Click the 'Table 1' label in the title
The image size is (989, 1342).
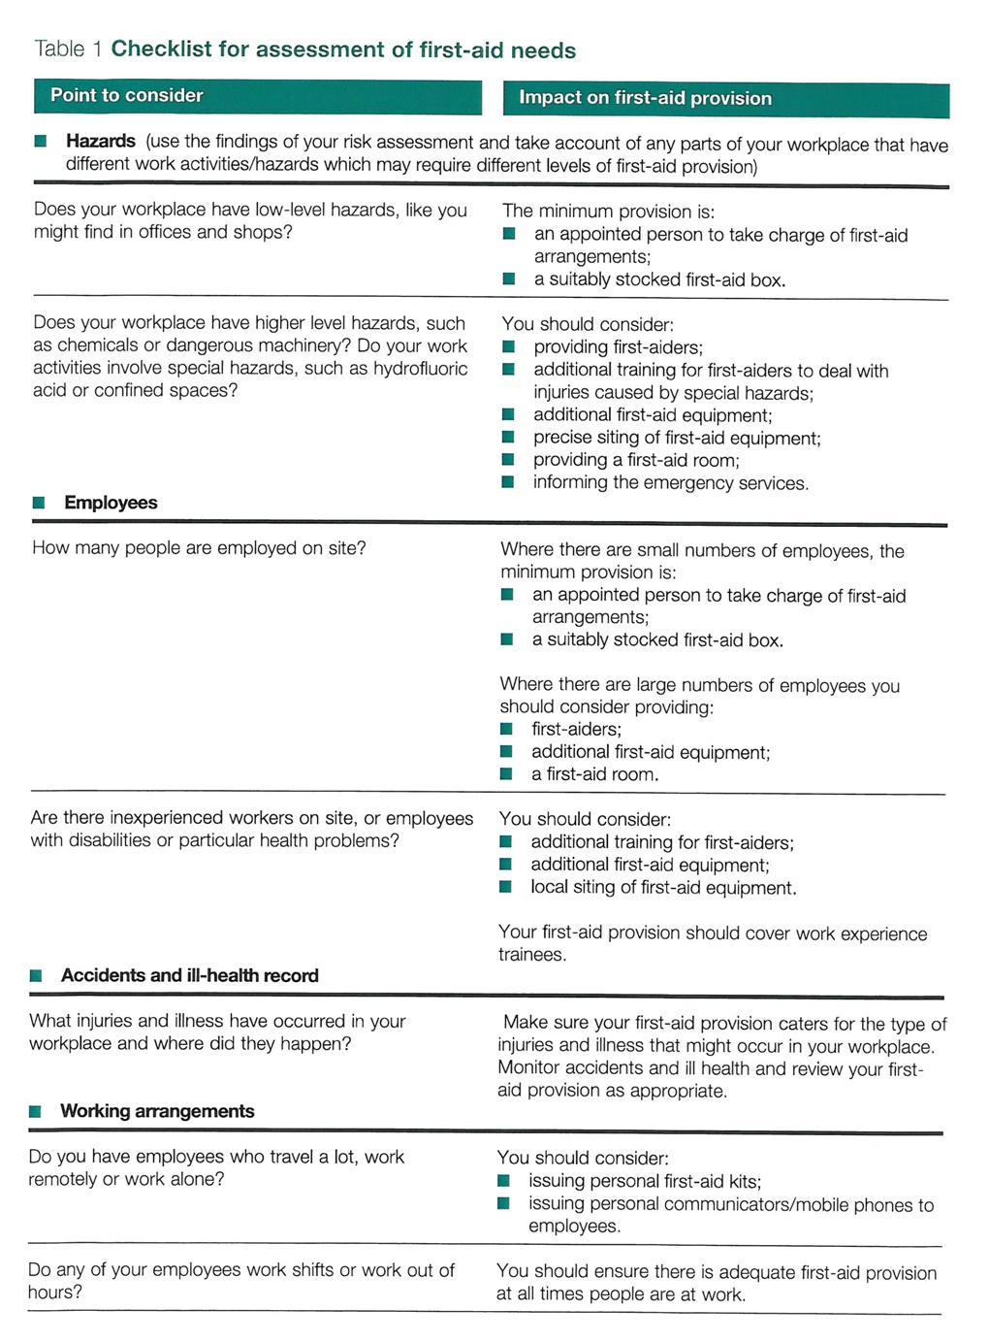pos(68,49)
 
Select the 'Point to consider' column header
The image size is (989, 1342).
pos(127,95)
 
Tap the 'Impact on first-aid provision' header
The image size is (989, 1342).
pos(645,98)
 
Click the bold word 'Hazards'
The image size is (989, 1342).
pos(100,142)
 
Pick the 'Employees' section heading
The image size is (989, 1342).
pos(111,503)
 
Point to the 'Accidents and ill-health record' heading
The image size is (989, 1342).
pos(189,975)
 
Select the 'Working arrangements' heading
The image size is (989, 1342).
pos(157,1111)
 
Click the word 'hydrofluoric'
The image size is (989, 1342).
pos(420,369)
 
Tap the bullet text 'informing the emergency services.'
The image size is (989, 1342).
pos(670,483)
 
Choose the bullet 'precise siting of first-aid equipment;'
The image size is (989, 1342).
pos(677,438)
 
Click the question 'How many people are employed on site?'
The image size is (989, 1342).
pos(199,548)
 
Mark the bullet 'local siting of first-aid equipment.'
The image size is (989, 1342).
pos(663,888)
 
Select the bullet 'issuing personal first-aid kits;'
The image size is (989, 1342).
pos(645,1181)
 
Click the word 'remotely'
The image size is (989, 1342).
pos(62,1179)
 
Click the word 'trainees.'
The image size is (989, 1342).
pos(531,955)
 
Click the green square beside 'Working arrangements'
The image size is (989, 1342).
pos(36,1112)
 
